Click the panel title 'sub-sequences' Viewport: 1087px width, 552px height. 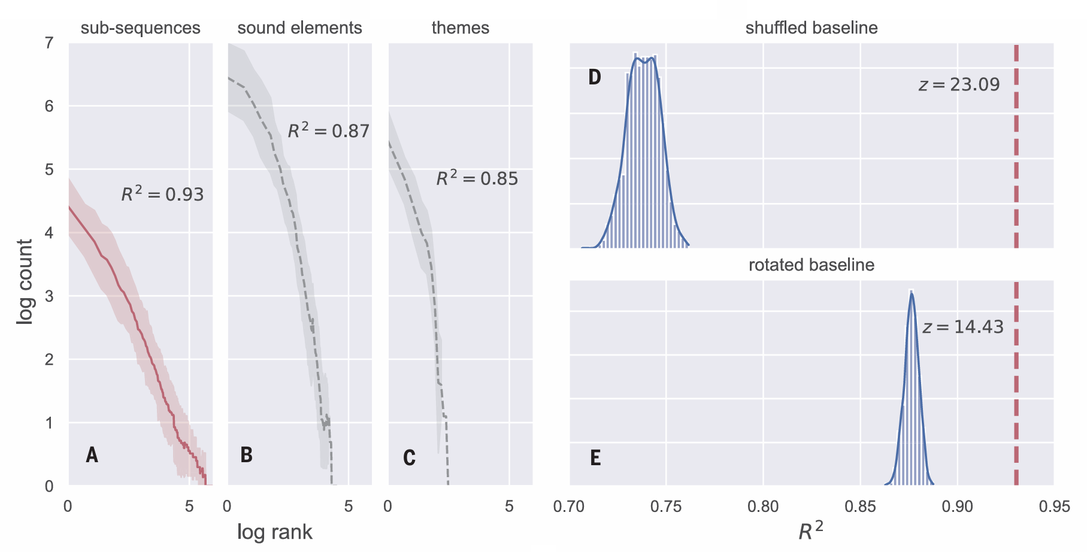[140, 28]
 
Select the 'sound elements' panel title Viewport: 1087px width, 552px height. [299, 28]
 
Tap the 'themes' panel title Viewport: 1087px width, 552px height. [460, 28]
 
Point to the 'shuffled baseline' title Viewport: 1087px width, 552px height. [811, 28]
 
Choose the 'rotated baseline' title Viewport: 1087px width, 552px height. [811, 265]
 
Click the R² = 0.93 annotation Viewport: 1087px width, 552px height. [162, 193]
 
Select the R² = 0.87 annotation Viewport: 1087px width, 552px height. [328, 130]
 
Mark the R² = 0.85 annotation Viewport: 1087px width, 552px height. [477, 178]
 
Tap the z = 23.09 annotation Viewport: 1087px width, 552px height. [959, 84]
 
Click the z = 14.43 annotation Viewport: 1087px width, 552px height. [962, 327]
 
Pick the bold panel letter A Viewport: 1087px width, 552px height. [92, 455]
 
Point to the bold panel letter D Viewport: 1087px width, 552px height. [594, 77]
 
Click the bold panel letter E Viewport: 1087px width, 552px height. [595, 458]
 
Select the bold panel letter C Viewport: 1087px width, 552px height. [409, 458]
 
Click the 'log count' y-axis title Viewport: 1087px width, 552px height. [25, 281]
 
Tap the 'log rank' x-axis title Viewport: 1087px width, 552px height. [274, 532]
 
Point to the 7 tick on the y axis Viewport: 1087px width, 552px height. [49, 43]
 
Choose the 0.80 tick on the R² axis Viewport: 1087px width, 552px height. [762, 506]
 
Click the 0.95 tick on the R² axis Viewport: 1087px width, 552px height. [1053, 506]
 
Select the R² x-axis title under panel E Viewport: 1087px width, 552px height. [810, 530]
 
